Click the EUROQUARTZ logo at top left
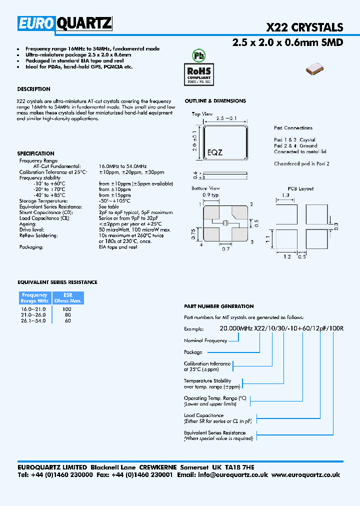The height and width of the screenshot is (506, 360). [65, 23]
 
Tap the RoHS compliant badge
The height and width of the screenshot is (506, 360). [199, 73]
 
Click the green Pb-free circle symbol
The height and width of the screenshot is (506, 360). [199, 55]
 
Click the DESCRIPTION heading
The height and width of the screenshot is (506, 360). [33, 89]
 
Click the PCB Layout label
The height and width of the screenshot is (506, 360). [300, 188]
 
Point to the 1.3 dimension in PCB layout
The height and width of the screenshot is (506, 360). [285, 195]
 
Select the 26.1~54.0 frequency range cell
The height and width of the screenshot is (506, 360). [33, 320]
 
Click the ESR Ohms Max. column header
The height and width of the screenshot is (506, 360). [68, 298]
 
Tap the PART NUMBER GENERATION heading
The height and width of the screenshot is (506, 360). [218, 306]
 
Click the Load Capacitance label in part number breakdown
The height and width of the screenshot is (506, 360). [203, 415]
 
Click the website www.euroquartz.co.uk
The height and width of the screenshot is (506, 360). [306, 475]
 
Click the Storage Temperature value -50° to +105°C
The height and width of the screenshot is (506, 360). [114, 201]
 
